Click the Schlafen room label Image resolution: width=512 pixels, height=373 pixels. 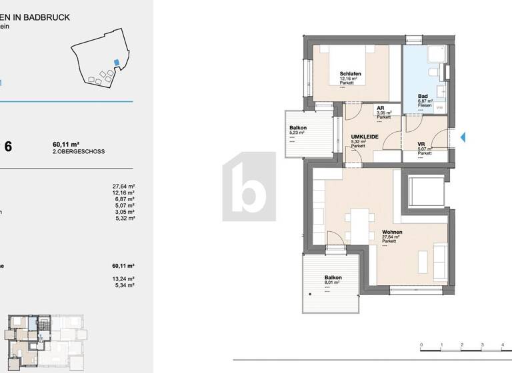(x=351, y=74)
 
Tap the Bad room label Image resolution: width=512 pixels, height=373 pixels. (x=423, y=97)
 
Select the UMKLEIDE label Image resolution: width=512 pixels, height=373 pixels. (x=365, y=137)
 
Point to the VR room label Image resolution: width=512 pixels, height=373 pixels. (x=421, y=145)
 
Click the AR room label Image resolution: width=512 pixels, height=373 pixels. (x=380, y=108)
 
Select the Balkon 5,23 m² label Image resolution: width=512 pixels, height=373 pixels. (x=297, y=128)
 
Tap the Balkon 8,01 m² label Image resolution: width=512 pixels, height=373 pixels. (x=333, y=278)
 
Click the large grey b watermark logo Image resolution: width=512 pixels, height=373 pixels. (x=249, y=186)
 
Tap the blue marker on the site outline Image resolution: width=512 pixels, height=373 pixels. (x=117, y=63)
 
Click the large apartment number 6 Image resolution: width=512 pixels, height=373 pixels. (x=8, y=147)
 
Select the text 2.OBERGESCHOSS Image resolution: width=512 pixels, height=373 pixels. (x=78, y=152)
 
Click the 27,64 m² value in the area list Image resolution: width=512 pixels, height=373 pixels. (x=124, y=187)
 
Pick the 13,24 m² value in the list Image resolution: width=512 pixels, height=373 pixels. (x=124, y=278)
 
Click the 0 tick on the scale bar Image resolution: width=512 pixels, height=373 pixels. (x=421, y=346)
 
